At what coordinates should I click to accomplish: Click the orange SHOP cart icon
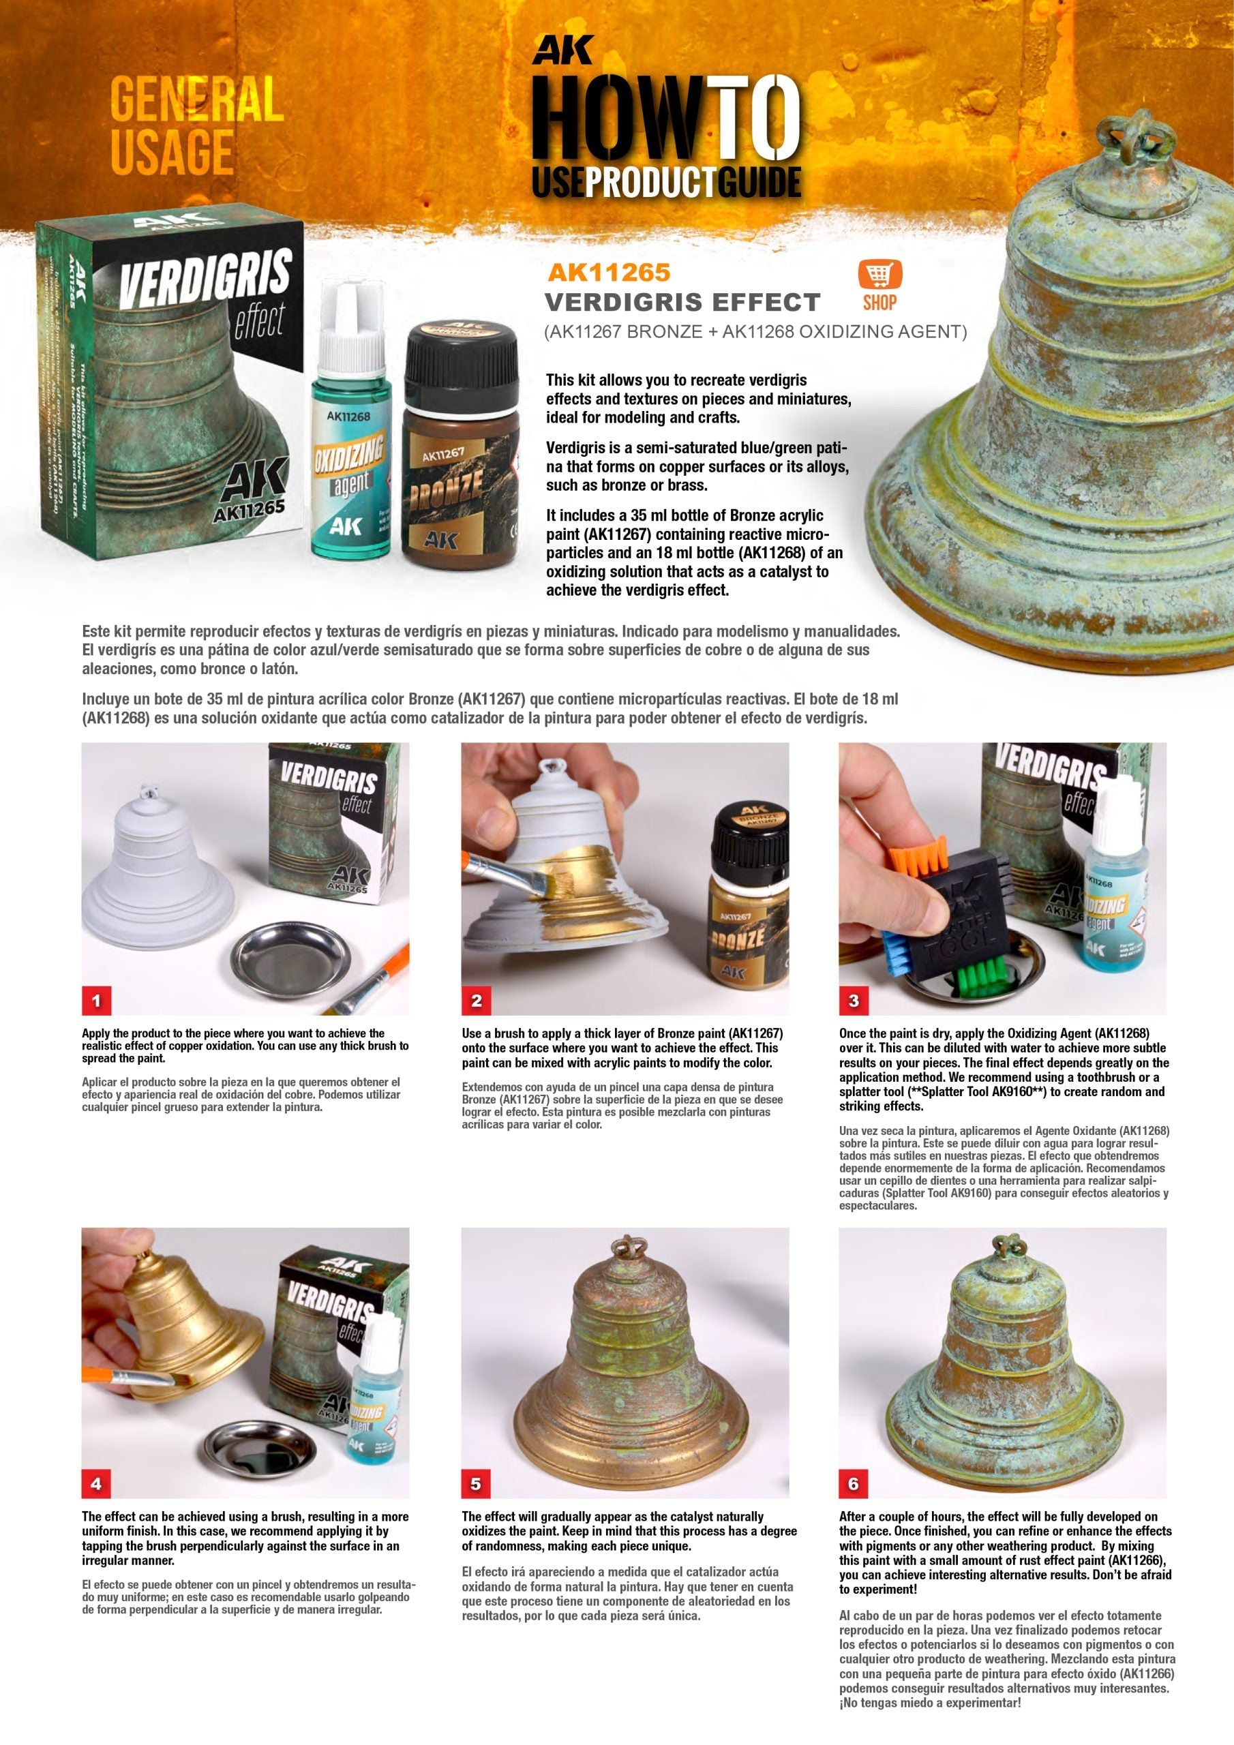879,276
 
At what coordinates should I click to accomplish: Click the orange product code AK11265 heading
607,271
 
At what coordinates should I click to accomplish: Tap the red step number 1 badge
97,1001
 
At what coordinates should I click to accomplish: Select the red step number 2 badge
477,1001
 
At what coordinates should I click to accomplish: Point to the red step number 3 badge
854,1001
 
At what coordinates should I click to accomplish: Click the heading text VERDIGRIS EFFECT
682,303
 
